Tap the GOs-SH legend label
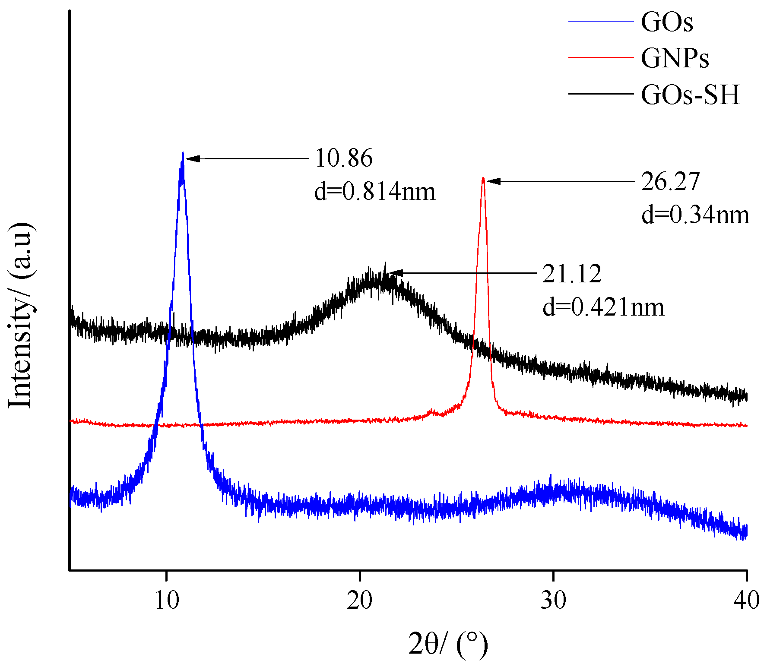(690, 95)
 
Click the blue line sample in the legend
(601, 21)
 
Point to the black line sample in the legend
(601, 93)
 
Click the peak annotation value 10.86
(344, 158)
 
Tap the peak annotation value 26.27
(670, 181)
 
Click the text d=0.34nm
(695, 215)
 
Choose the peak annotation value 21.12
(572, 274)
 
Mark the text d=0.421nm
(603, 307)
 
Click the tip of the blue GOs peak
(183, 153)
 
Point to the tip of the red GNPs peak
(483, 178)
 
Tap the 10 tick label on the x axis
(167, 600)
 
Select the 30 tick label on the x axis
(553, 600)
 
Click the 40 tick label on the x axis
(746, 600)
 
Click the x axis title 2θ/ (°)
(448, 645)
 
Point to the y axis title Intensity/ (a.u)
(21, 315)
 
